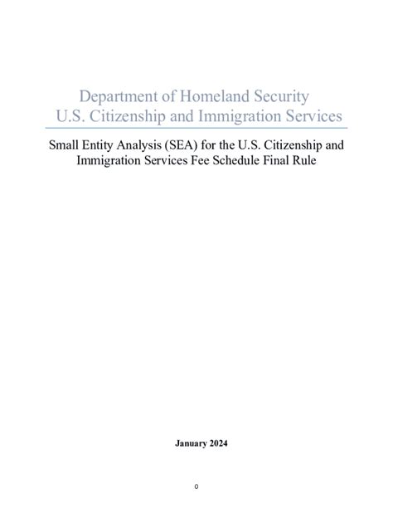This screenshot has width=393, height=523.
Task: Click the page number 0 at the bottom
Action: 196,486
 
